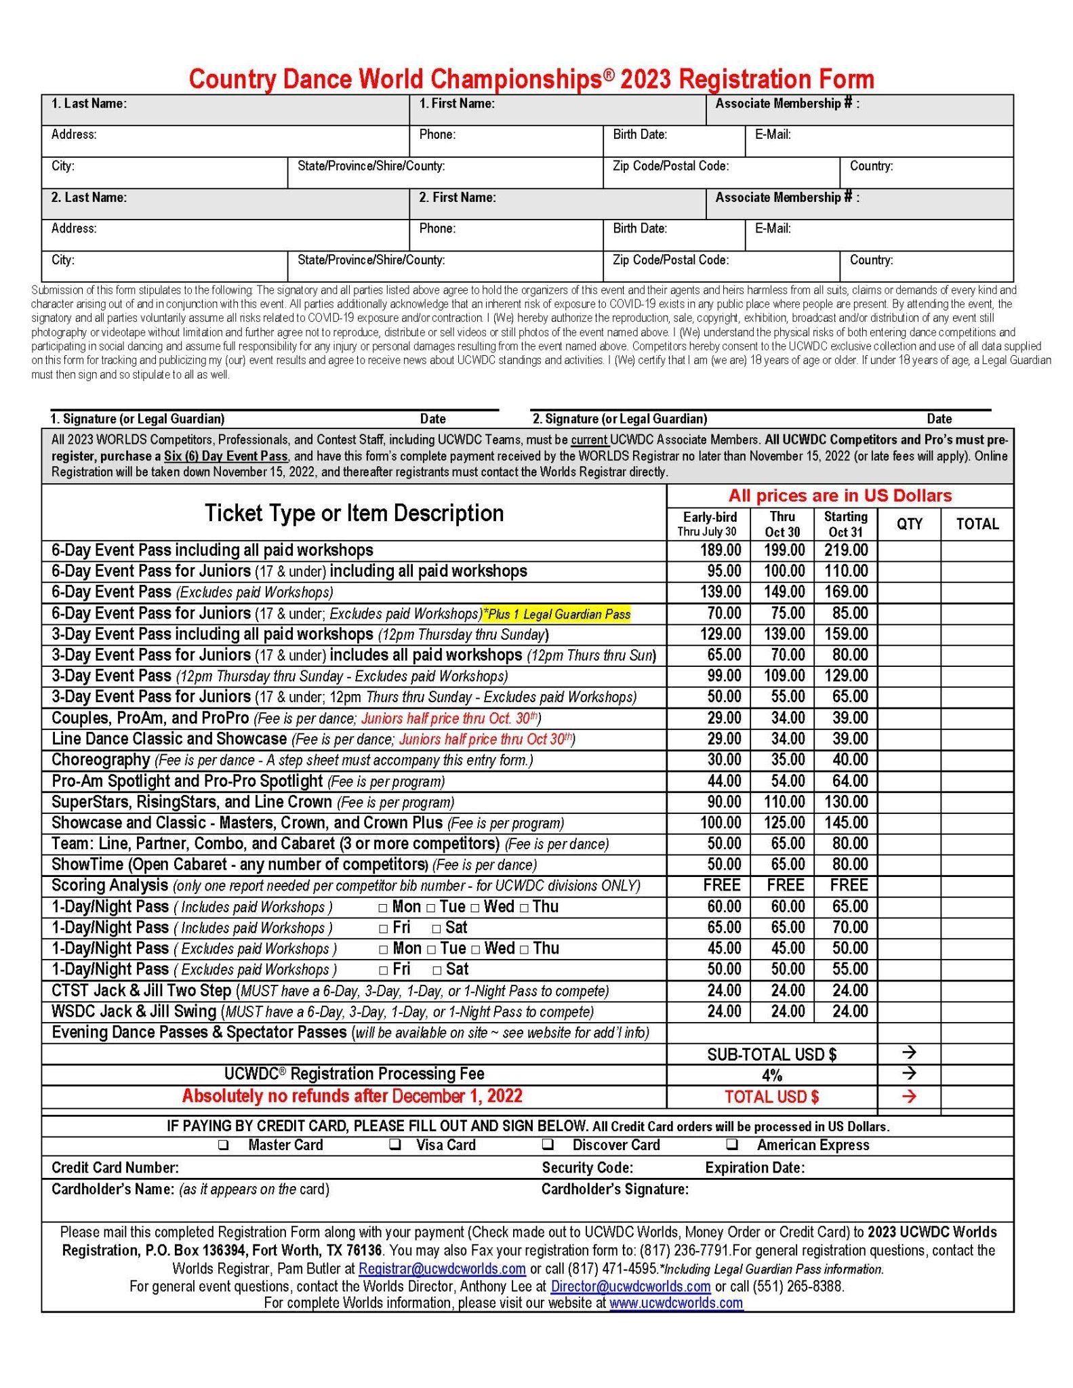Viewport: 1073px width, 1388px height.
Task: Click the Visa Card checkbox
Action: click(x=394, y=1145)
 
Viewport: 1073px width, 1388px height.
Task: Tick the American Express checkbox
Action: click(x=732, y=1145)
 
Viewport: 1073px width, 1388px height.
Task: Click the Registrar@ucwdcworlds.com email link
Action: click(x=442, y=1268)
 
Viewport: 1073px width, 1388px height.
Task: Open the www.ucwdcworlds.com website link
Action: click(x=676, y=1302)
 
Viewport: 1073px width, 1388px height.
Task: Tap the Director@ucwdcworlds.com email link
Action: click(x=630, y=1286)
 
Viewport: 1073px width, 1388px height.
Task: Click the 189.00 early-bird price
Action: click(x=721, y=550)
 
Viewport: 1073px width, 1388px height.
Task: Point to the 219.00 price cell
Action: click(x=846, y=550)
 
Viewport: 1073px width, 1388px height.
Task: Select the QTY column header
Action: click(x=909, y=524)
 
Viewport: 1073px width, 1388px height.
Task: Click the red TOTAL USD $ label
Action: click(x=771, y=1097)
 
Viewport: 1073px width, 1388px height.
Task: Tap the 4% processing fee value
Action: click(x=771, y=1075)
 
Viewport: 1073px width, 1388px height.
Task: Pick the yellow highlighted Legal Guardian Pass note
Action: click(x=556, y=614)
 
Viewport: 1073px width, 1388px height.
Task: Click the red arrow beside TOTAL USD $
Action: click(x=909, y=1096)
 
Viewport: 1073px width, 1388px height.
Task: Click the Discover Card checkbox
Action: click(x=548, y=1145)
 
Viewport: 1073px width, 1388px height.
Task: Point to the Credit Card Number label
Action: click(x=115, y=1167)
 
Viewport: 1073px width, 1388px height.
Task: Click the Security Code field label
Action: click(x=587, y=1167)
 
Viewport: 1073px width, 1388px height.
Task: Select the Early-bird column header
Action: click(x=710, y=524)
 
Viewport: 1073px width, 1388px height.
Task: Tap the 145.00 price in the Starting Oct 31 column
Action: click(x=846, y=823)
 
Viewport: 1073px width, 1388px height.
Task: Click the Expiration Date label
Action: click(x=754, y=1167)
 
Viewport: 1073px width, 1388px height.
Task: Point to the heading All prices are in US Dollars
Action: click(x=840, y=495)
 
